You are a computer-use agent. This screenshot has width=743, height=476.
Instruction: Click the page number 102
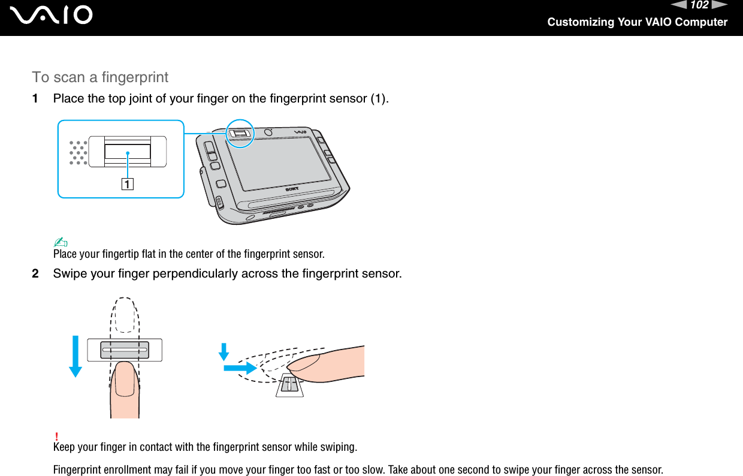coord(699,5)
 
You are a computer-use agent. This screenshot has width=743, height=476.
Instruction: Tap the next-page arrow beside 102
coord(720,5)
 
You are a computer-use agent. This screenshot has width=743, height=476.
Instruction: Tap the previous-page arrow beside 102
coord(678,5)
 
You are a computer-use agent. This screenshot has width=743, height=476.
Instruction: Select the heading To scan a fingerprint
coord(100,77)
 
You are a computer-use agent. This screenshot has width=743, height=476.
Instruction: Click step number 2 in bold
coord(37,274)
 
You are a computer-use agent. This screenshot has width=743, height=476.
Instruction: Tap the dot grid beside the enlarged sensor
coord(78,153)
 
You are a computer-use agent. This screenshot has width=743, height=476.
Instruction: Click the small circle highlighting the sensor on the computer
coord(240,134)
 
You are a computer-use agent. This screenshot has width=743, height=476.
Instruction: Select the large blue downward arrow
coord(75,356)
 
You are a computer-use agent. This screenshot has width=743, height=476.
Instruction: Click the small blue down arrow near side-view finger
coord(224,351)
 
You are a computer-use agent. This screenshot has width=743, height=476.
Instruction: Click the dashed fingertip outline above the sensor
coord(125,314)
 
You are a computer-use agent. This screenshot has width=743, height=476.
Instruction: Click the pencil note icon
coord(61,242)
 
